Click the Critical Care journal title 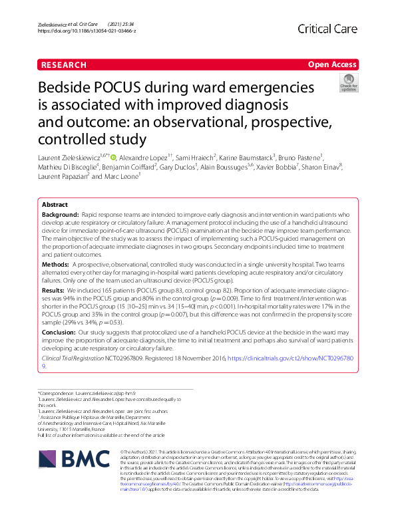tap(329, 29)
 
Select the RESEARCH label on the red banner tap(63, 65)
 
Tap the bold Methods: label tap(55, 264)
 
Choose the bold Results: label tap(54, 290)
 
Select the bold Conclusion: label tap(59, 331)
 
